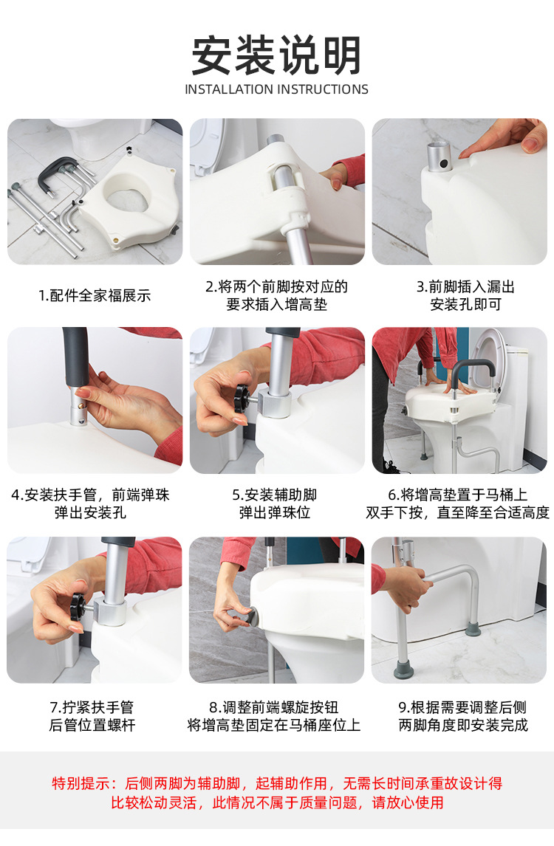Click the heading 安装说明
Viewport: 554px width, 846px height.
click(x=276, y=55)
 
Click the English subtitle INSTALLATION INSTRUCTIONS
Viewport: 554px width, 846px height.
click(x=276, y=89)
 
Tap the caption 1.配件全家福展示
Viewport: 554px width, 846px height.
click(x=95, y=296)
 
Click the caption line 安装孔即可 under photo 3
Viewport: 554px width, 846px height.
click(x=465, y=305)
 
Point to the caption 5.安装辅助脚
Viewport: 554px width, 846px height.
click(x=274, y=495)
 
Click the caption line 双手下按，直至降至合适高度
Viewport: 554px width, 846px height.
click(x=457, y=512)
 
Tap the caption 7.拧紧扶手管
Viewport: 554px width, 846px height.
click(x=92, y=707)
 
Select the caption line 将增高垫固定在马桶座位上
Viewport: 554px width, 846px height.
click(x=274, y=725)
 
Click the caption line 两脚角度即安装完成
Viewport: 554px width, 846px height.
click(x=462, y=725)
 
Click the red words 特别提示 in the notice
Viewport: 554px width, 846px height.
click(x=81, y=783)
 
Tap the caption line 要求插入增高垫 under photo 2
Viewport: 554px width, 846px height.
click(x=276, y=305)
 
